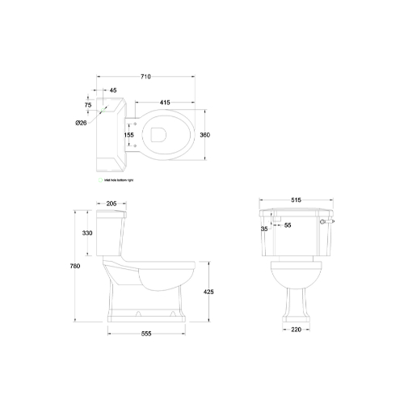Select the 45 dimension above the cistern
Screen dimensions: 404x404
point(112,90)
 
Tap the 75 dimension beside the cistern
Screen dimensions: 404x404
point(86,104)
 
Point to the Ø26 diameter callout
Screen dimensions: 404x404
point(81,122)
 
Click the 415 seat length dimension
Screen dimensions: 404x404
point(164,102)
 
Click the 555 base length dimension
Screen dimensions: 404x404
point(146,333)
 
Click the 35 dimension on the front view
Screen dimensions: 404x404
point(264,229)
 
